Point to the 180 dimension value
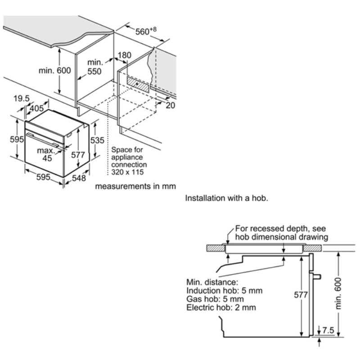[124, 55]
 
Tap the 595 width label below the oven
[43, 177]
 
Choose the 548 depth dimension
[79, 179]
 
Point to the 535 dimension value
[98, 140]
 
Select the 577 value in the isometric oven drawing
[78, 155]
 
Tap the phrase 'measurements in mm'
[135, 186]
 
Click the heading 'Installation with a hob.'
[226, 198]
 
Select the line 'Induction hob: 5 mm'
[224, 290]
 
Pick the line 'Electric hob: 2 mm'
[221, 307]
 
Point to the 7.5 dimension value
[328, 330]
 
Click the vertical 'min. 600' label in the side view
[338, 293]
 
